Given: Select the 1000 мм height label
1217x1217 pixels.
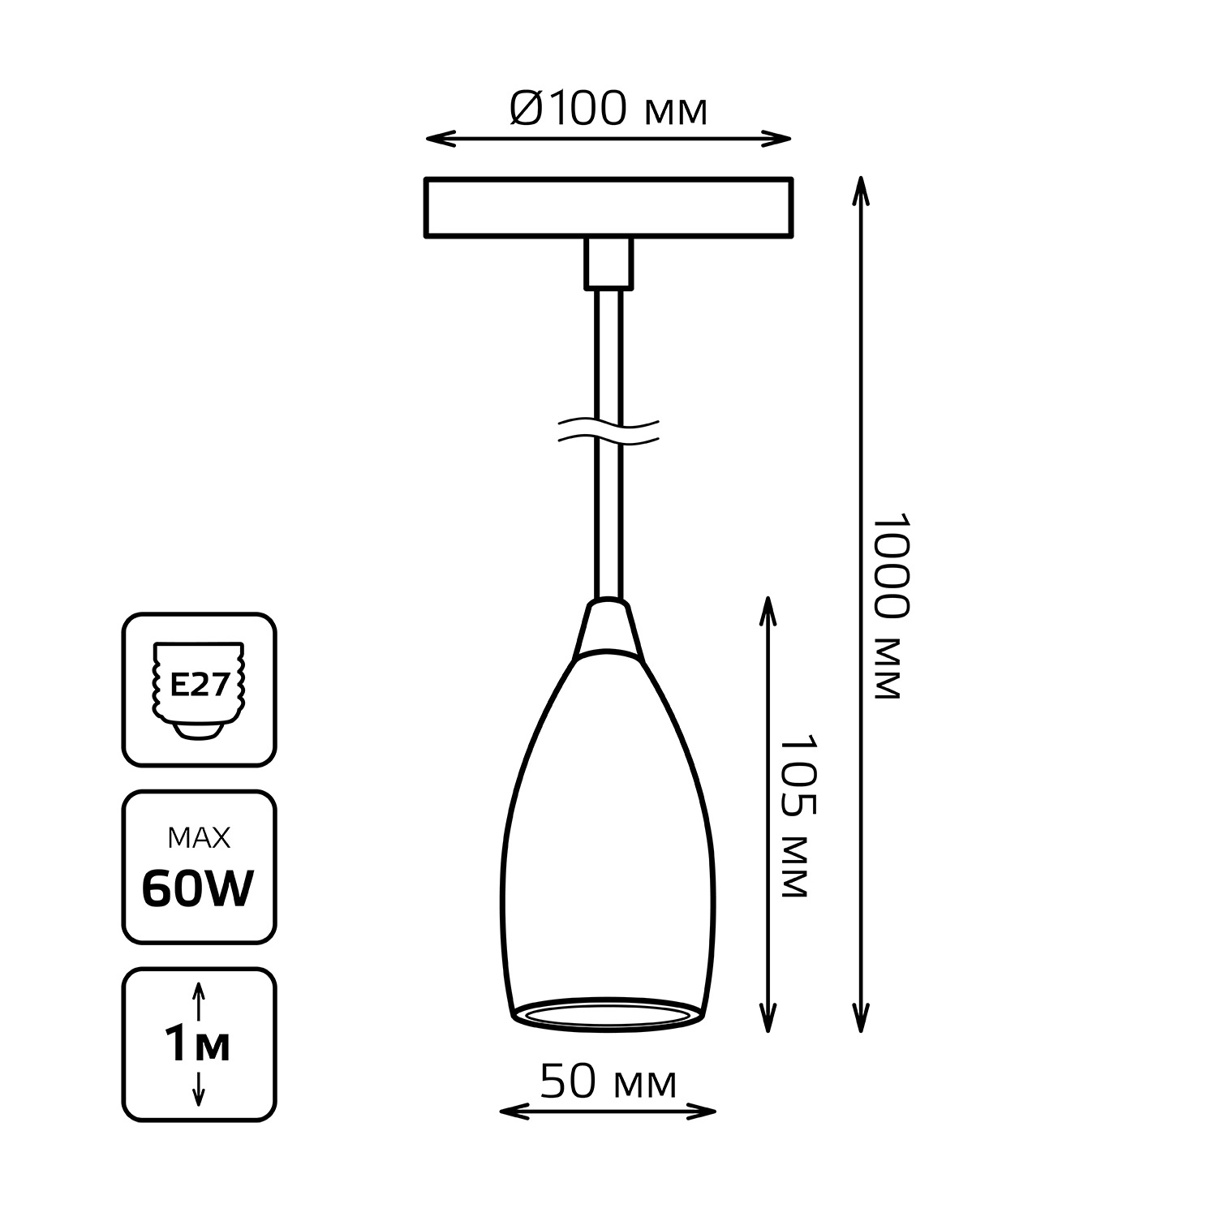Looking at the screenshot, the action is click(885, 606).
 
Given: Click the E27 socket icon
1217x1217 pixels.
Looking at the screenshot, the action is click(200, 690).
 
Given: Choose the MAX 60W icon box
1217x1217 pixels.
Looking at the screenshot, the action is click(200, 867).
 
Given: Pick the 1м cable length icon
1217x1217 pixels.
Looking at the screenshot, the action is click(200, 1044).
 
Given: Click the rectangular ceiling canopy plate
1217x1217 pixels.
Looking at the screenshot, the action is click(608, 208).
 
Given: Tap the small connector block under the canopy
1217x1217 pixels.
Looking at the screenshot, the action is click(608, 264).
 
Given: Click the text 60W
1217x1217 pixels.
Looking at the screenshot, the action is click(198, 889).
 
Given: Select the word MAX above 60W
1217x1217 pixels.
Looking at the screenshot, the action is click(199, 837).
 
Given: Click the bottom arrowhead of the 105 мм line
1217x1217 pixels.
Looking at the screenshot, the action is click(768, 1017).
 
